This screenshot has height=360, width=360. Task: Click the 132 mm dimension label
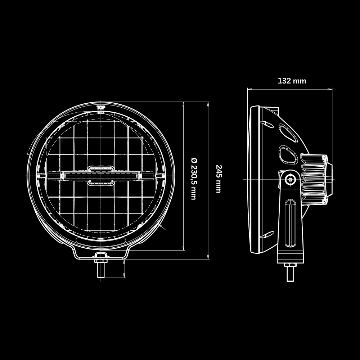(x=292, y=81)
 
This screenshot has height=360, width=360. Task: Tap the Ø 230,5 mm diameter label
(x=193, y=179)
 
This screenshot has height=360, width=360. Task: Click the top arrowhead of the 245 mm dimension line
(x=208, y=103)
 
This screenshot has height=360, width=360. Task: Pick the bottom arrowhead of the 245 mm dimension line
(x=208, y=257)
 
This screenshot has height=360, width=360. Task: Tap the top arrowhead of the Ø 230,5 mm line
(x=184, y=103)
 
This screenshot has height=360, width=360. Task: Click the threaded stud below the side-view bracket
(x=290, y=274)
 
